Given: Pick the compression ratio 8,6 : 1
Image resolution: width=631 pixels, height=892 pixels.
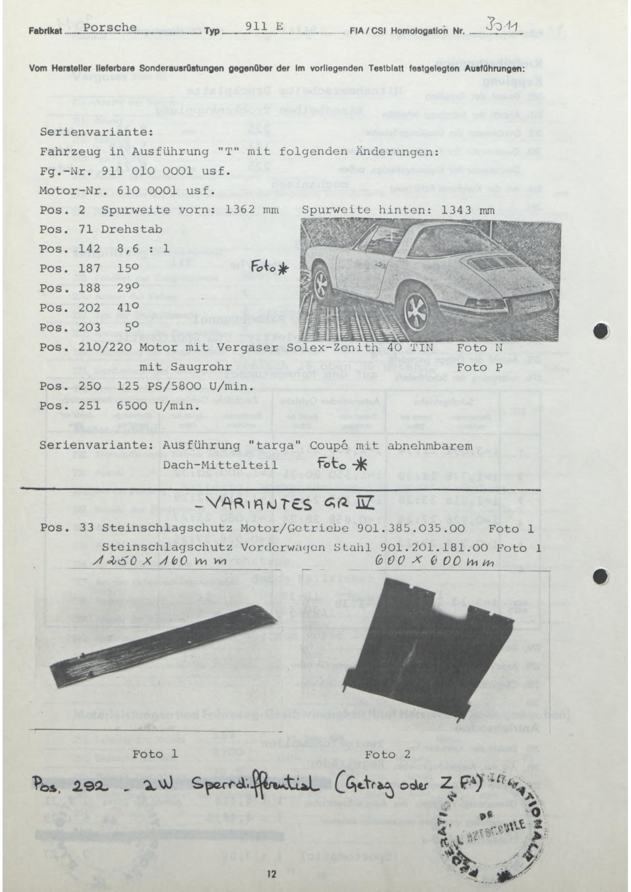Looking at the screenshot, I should [135, 249].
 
